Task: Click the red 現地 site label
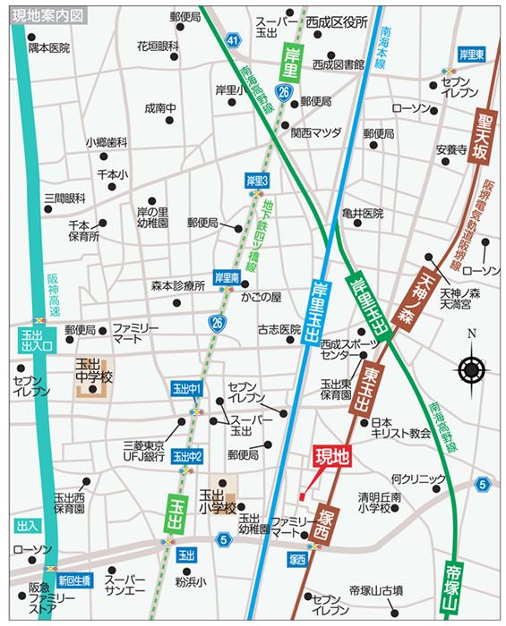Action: [x=331, y=456]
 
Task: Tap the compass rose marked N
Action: [x=471, y=368]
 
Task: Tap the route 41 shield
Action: [x=232, y=41]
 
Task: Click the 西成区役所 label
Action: [x=337, y=22]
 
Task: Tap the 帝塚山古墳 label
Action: [x=376, y=590]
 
